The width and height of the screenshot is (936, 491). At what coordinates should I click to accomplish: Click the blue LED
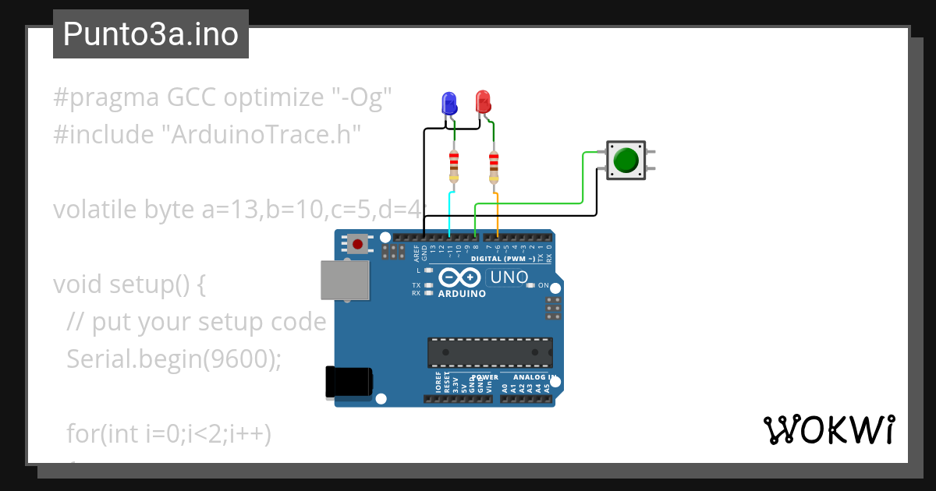click(449, 103)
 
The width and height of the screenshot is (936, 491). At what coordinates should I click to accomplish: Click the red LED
click(483, 101)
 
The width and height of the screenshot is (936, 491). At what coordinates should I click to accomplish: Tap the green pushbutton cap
click(626, 160)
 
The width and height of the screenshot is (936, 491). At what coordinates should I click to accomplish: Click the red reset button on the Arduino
click(358, 244)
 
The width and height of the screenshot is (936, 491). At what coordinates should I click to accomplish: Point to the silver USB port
click(344, 280)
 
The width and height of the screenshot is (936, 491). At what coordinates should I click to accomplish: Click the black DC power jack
click(348, 382)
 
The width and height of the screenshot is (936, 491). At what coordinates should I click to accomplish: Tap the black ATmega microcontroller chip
click(490, 352)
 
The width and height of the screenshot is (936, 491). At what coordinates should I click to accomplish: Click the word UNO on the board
click(510, 277)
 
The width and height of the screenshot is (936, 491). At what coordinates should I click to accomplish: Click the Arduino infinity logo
click(460, 277)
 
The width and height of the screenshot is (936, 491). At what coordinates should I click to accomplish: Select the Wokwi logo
click(828, 429)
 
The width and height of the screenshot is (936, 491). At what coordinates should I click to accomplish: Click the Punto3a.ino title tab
click(151, 34)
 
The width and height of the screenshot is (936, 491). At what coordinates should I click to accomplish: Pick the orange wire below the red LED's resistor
click(498, 212)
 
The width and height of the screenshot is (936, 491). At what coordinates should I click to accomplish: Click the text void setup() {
click(129, 285)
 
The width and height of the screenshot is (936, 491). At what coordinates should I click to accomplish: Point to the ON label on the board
click(544, 285)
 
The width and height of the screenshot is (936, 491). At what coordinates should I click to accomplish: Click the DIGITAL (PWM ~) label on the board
click(503, 258)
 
